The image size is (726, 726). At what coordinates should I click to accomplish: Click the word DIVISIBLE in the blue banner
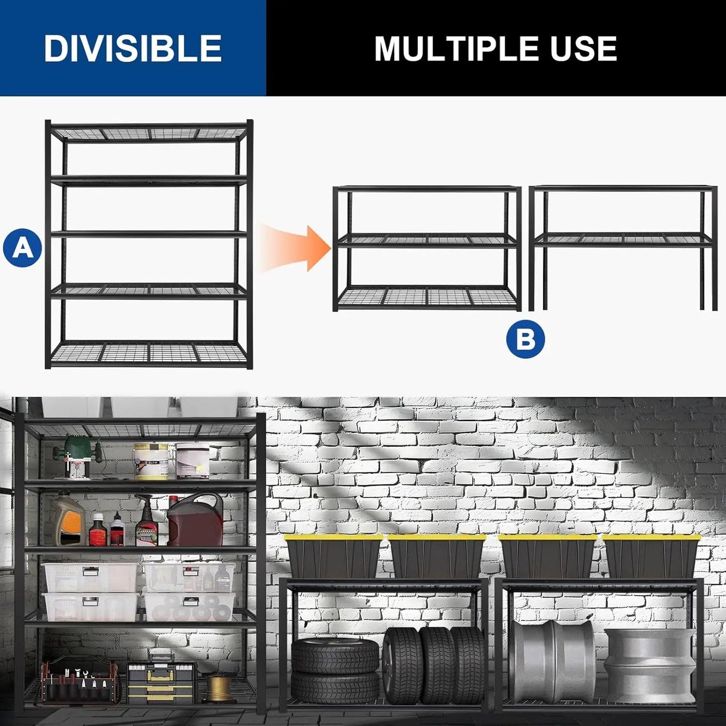coord(133,48)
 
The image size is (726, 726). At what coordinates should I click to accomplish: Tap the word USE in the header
coord(583,49)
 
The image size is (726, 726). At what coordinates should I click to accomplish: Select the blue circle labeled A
coord(22,247)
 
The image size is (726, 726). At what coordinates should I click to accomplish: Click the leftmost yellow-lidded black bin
coord(334,557)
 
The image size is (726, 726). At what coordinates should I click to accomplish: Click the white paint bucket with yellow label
coord(151,461)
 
